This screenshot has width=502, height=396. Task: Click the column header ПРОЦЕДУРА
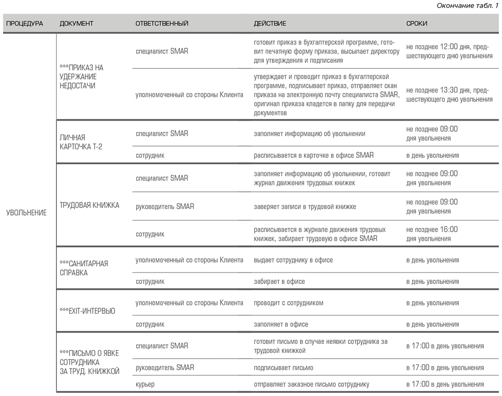point(25,24)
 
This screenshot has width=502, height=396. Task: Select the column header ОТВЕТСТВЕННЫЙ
point(162,24)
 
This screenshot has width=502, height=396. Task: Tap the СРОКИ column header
point(417,24)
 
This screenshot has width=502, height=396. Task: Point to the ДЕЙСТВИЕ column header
point(270,24)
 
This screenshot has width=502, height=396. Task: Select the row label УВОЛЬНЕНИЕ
point(26,213)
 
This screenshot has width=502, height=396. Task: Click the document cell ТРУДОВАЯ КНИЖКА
point(89,206)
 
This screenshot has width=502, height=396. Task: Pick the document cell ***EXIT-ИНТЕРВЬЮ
point(87,311)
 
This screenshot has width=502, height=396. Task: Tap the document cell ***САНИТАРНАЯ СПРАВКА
point(84,268)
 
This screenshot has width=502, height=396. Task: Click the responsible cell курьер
point(145,384)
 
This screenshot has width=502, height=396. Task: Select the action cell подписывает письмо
point(283,368)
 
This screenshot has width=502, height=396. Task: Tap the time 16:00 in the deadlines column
point(447,229)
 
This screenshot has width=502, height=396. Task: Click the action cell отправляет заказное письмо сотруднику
point(311,384)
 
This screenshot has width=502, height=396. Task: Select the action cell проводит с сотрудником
point(288,303)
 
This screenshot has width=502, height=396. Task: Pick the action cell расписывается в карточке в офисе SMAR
point(314,155)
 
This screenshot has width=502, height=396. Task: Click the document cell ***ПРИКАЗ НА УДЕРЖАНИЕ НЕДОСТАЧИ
point(82,76)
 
